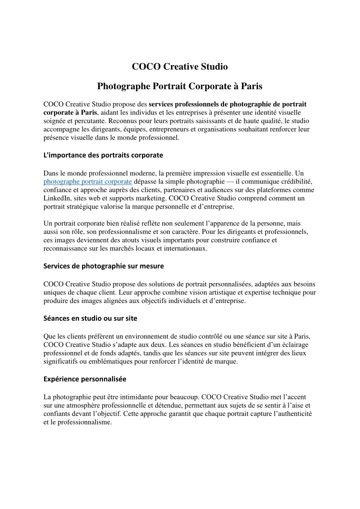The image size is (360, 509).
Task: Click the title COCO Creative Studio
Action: pyautogui.click(x=179, y=66)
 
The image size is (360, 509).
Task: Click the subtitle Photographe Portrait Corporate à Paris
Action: pyautogui.click(x=179, y=86)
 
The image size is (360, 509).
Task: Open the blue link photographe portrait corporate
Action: pyautogui.click(x=87, y=181)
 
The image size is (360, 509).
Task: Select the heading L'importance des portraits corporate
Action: pyautogui.click(x=103, y=155)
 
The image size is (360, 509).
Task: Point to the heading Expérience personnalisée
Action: pyautogui.click(x=85, y=378)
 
